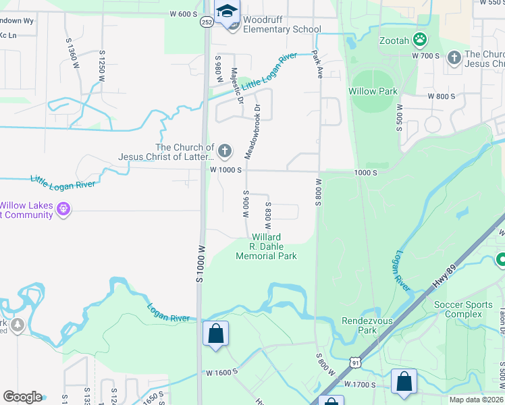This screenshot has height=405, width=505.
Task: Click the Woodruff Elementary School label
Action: [x=282, y=24]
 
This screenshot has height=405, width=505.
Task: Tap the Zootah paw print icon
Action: [x=420, y=40]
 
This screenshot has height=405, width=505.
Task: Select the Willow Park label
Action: [x=373, y=91]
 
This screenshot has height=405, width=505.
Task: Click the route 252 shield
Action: [x=206, y=22]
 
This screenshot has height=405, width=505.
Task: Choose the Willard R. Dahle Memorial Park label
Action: [x=266, y=247]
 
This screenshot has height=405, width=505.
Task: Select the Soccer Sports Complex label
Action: [x=463, y=310]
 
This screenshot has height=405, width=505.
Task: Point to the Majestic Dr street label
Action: [x=237, y=85]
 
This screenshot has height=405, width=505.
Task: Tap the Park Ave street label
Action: [x=316, y=65]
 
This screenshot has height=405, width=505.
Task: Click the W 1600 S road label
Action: [x=221, y=372]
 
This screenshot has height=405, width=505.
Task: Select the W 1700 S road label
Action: [x=359, y=383]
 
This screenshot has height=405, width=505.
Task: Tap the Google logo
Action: [x=22, y=397]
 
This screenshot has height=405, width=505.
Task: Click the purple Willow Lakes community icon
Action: [x=63, y=210]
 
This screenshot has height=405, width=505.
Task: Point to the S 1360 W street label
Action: [x=69, y=51]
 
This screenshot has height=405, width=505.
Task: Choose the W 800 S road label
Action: [x=441, y=97]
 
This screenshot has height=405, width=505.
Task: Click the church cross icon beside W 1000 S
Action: [x=224, y=150]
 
